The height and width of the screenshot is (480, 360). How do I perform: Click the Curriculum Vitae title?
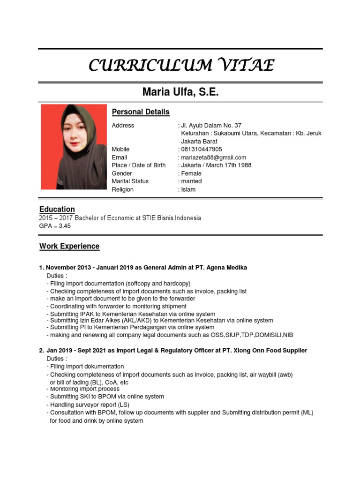pos(181,65)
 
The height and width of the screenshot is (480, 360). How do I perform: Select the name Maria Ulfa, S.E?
pos(180,92)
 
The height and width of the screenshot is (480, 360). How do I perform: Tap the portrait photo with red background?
pos(74,147)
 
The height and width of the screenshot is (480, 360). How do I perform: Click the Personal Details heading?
pos(141,112)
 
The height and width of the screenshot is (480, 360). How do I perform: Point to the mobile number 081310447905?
pos(202,150)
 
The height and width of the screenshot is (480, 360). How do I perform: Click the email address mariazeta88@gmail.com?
pos(213,157)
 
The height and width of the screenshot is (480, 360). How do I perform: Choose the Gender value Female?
pos(191,173)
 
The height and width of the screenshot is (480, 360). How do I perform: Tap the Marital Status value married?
pos(191,181)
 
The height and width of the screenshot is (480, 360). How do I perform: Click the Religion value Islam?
pos(188,189)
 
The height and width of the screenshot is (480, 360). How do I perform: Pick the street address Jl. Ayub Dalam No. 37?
pos(211,126)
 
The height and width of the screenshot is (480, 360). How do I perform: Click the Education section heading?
pos(57,209)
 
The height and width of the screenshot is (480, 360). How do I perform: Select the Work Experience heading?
pos(69,246)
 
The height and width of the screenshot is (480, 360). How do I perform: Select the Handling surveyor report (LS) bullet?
pos(90,405)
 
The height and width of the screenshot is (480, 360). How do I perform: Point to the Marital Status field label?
pos(130,181)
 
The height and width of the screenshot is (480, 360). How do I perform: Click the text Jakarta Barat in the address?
pos(199,142)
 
